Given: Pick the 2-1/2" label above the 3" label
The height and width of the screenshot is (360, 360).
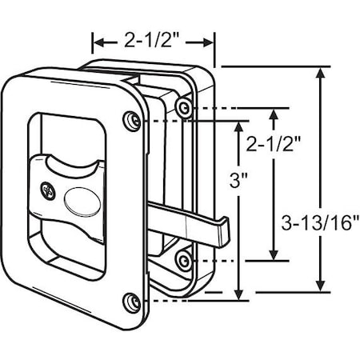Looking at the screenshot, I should click(x=273, y=144).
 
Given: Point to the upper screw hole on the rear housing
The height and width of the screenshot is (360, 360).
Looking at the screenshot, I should click(x=186, y=107).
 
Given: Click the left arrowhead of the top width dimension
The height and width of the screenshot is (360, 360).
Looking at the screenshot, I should click(x=98, y=42).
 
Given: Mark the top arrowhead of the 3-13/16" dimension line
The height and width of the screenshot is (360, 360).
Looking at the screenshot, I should click(x=322, y=73).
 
